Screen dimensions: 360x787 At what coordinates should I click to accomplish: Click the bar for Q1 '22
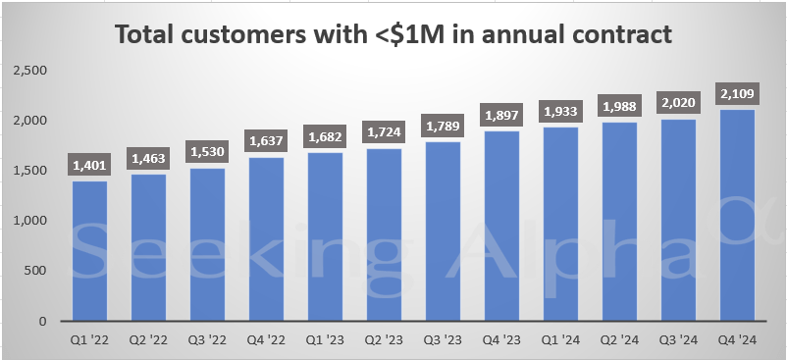point(89,251)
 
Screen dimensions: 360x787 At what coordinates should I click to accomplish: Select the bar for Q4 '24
point(738,216)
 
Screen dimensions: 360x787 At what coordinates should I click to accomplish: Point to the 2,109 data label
point(738,93)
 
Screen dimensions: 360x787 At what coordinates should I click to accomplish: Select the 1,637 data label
point(266,140)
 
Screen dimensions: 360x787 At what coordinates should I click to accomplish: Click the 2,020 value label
point(679,102)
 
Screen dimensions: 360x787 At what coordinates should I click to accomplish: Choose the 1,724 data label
point(385,131)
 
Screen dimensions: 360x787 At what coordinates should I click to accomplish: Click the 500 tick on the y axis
point(38,271)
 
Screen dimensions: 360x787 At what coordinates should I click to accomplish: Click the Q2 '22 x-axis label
point(148,341)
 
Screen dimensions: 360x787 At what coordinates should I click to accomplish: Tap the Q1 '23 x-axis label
point(325,341)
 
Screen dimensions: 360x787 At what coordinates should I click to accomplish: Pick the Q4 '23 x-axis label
point(502,341)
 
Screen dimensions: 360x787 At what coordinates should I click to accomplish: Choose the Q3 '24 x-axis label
point(679,341)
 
